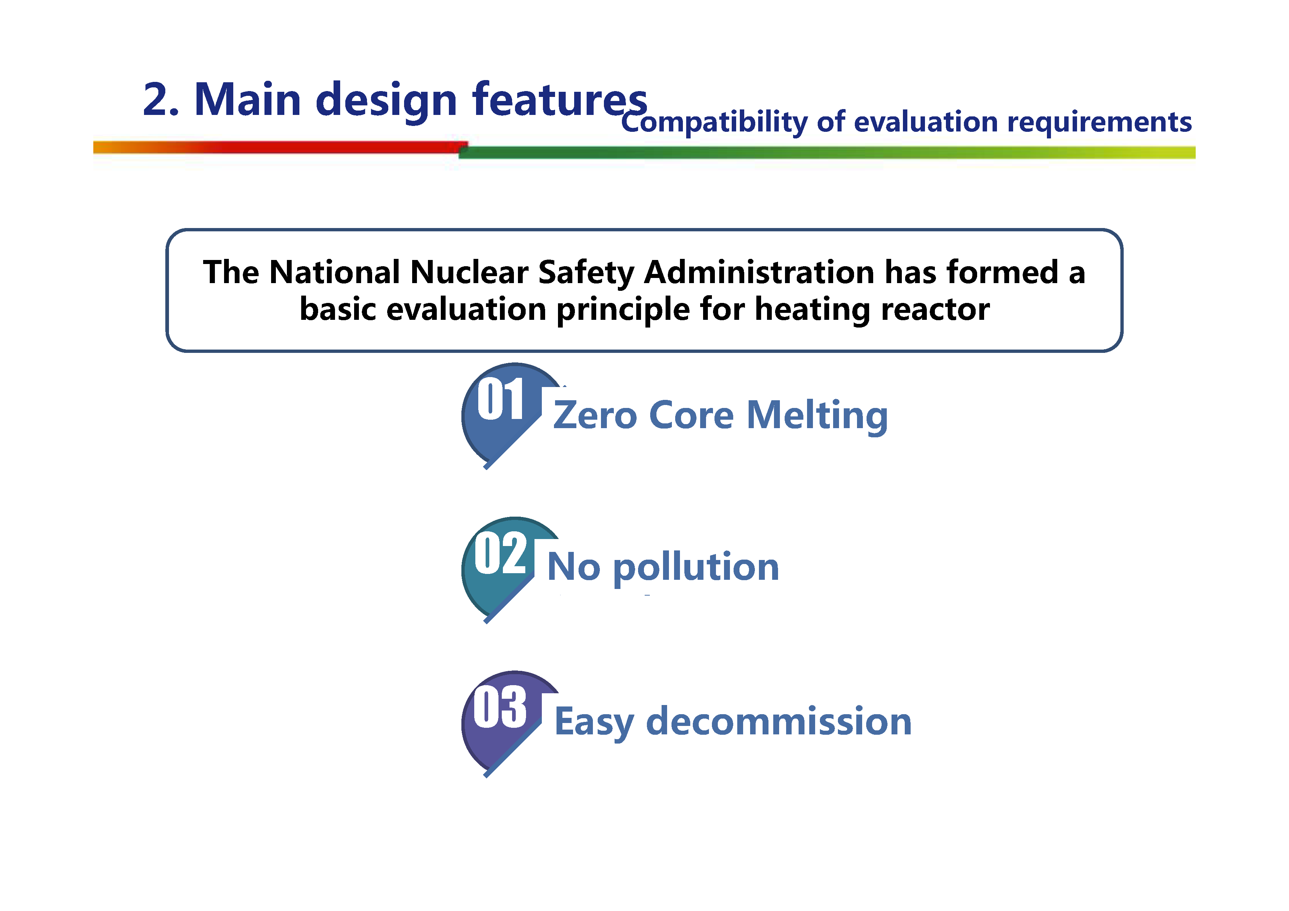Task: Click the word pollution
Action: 696,568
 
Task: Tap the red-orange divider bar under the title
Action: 280,147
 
